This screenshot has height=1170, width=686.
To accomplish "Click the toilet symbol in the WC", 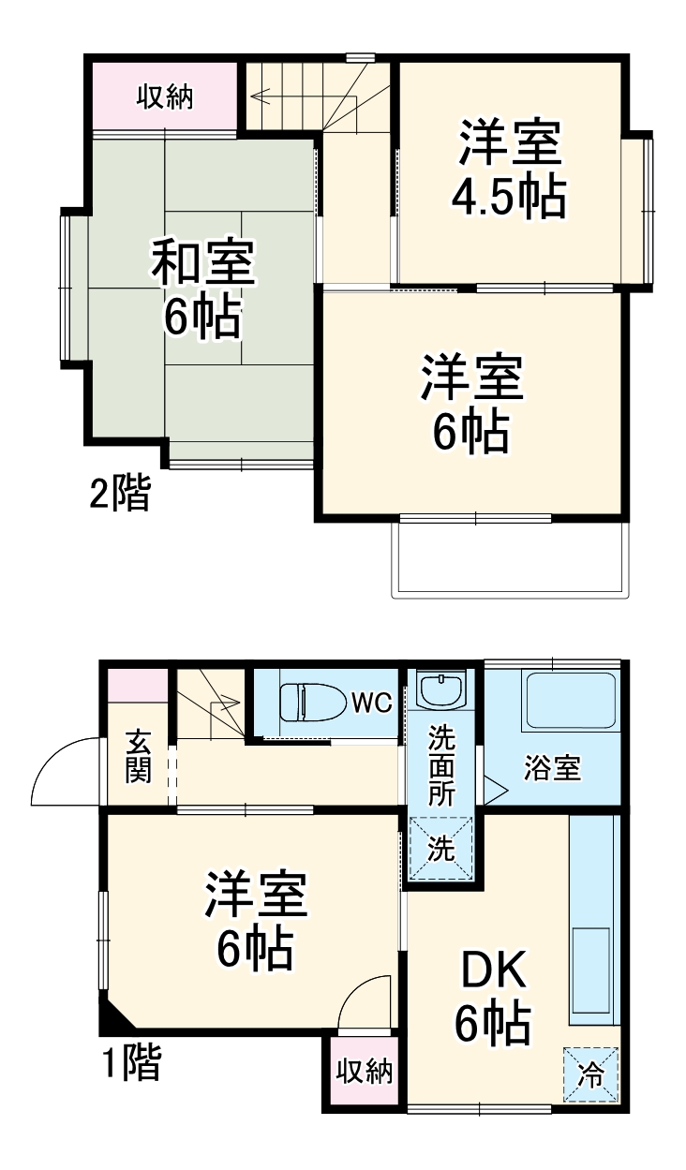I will [x=308, y=702].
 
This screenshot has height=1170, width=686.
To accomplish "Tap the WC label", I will [x=371, y=703].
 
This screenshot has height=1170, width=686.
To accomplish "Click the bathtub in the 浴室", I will [x=568, y=703].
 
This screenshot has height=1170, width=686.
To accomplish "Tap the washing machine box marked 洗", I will [x=440, y=849].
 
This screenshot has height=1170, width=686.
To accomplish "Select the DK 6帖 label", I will [x=494, y=999].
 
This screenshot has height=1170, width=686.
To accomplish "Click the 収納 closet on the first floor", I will [x=365, y=1071].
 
